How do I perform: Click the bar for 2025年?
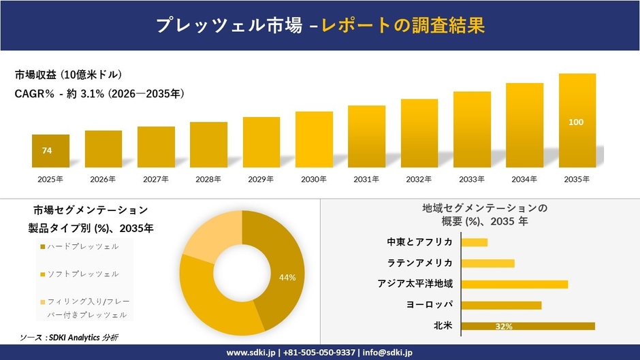(x=50, y=151)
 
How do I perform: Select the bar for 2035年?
(x=577, y=120)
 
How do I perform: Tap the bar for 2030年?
(x=314, y=140)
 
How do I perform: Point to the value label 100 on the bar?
(x=576, y=122)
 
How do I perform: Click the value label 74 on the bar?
(x=47, y=150)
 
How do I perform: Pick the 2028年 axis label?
(x=208, y=180)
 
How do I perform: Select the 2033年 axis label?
(x=472, y=180)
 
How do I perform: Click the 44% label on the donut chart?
(x=287, y=278)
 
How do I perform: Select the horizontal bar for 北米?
(x=528, y=326)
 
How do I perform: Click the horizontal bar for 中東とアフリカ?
(x=475, y=242)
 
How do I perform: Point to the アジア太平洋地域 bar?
(x=515, y=284)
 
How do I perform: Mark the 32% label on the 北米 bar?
(x=504, y=327)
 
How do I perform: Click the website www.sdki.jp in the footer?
(x=251, y=353)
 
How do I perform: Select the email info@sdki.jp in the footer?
(x=387, y=353)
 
